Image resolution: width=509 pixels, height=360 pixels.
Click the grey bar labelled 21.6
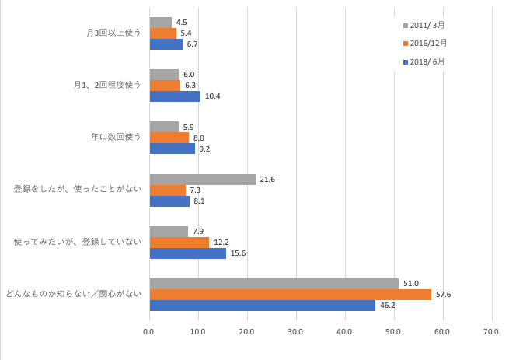202,180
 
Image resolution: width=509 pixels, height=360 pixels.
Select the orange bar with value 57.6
290,295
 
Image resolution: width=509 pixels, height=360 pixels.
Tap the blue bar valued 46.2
262,306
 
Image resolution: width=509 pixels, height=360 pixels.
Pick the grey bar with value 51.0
274,284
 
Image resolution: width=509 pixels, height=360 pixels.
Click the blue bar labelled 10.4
175,96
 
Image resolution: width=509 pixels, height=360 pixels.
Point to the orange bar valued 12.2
179,243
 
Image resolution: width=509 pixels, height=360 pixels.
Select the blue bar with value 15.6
187,253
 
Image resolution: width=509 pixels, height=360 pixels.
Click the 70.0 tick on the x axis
492,332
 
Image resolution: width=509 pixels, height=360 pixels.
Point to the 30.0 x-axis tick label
296,332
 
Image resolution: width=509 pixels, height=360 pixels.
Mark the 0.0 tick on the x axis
149,332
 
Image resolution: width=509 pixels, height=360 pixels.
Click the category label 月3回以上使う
113,33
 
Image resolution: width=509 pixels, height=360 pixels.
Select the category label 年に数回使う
116,138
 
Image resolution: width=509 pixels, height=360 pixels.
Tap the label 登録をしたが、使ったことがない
78,190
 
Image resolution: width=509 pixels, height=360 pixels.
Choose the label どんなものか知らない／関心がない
74,294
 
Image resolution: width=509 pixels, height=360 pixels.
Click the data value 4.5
182,23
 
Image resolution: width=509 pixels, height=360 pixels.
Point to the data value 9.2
205,149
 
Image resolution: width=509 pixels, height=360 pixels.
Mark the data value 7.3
196,190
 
